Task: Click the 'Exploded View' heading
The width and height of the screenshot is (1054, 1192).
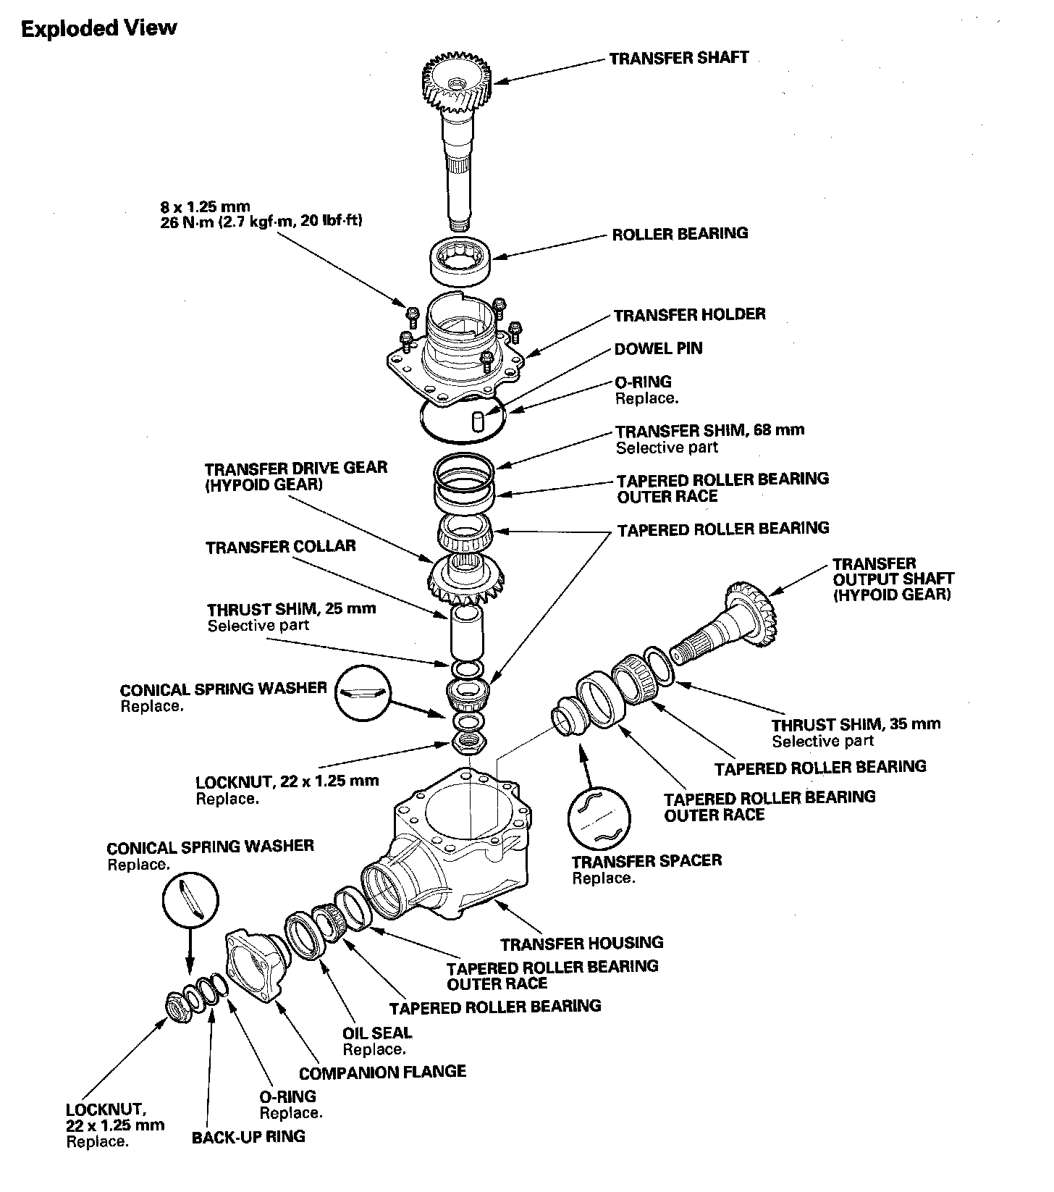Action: (99, 29)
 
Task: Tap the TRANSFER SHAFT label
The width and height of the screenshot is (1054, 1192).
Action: (678, 58)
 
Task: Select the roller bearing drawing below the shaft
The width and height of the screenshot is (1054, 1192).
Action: (461, 259)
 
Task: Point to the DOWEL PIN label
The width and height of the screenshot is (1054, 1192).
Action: (658, 348)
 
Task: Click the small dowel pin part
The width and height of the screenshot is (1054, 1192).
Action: (477, 421)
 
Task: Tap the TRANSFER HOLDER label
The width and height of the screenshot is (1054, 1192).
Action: (689, 314)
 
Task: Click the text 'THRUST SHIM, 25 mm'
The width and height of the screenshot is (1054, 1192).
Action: (292, 608)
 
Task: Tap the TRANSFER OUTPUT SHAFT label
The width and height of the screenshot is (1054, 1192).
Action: (893, 579)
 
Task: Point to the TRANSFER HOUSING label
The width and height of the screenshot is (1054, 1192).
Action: (581, 942)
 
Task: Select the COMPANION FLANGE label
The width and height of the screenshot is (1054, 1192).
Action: (382, 1071)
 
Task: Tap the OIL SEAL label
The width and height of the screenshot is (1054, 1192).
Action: (376, 1033)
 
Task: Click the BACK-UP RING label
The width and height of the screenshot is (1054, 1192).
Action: (248, 1136)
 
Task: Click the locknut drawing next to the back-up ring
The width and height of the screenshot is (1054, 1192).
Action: (176, 1008)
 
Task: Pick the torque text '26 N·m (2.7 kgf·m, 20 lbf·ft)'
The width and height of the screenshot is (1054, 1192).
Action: (261, 222)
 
